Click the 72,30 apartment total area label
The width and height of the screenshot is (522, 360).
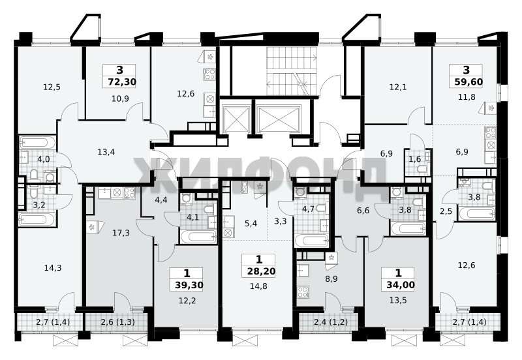pyautogui.click(x=122, y=82)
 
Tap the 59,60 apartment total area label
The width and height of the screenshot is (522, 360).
pyautogui.click(x=468, y=82)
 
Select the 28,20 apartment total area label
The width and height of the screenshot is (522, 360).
pyautogui.click(x=261, y=271)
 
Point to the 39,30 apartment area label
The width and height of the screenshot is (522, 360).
pyautogui.click(x=189, y=285)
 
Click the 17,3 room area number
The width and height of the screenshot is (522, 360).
pyautogui.click(x=121, y=233)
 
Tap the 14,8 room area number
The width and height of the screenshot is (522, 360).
pyautogui.click(x=258, y=286)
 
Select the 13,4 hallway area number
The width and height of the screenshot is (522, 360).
pyautogui.click(x=106, y=152)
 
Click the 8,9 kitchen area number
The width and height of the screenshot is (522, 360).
pyautogui.click(x=331, y=279)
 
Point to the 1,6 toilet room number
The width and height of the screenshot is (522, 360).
pyautogui.click(x=415, y=159)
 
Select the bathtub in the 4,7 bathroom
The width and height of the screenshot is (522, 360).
pyautogui.click(x=312, y=241)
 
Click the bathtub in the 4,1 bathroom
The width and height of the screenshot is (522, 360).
pyautogui.click(x=198, y=237)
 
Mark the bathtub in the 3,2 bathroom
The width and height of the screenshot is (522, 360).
pyautogui.click(x=37, y=219)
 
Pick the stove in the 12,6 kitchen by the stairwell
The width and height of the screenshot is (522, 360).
pyautogui.click(x=209, y=74)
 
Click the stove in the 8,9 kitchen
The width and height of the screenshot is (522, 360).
pyautogui.click(x=303, y=292)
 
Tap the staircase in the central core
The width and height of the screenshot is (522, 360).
pyautogui.click(x=291, y=71)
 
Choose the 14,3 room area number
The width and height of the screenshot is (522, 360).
pyautogui.click(x=53, y=268)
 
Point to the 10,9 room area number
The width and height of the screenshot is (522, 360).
pyautogui.click(x=120, y=98)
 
